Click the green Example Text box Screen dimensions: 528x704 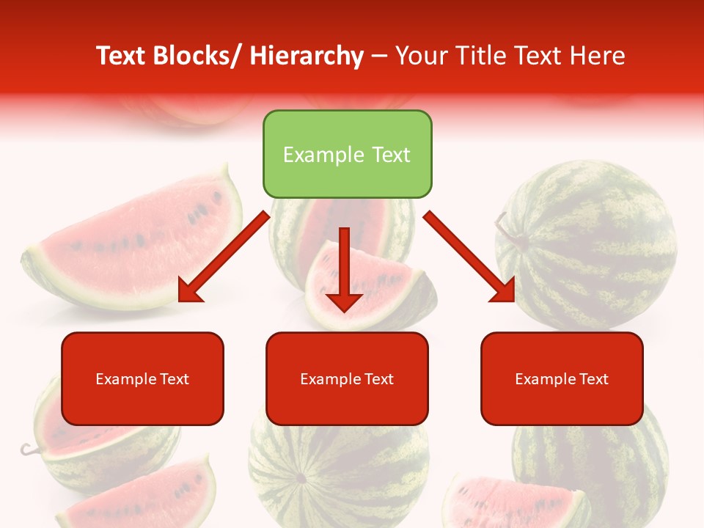[x=347, y=154]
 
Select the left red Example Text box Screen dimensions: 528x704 [x=142, y=378]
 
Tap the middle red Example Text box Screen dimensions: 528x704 [x=347, y=378]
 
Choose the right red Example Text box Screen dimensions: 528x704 [x=562, y=378]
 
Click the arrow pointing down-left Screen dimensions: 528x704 [x=224, y=257]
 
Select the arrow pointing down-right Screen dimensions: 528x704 [x=469, y=257]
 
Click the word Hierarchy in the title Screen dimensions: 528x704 [x=306, y=56]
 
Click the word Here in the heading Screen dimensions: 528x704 [x=598, y=56]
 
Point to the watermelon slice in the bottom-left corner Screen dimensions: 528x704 [x=147, y=499]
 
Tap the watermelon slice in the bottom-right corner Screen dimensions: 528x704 [x=513, y=502]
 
